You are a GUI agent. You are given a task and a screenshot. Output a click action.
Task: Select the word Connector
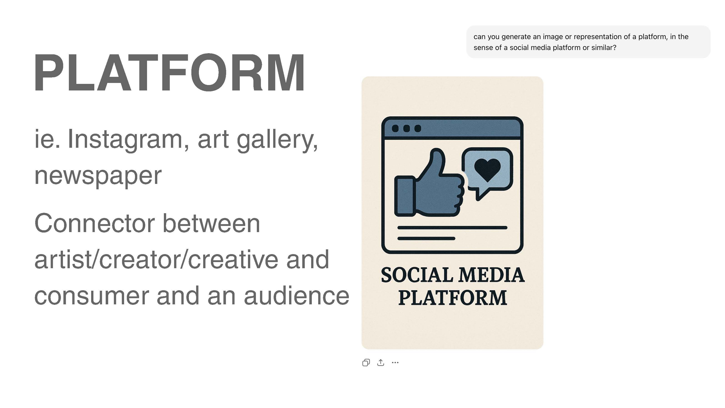tap(95, 223)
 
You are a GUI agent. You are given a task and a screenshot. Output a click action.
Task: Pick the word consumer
tap(91, 297)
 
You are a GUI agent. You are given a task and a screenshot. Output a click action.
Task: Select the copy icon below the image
tap(366, 362)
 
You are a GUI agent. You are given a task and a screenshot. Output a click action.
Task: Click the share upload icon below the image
tap(380, 362)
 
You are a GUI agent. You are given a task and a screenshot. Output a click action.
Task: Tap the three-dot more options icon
tap(395, 362)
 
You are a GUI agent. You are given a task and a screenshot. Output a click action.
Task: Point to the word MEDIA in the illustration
tap(491, 275)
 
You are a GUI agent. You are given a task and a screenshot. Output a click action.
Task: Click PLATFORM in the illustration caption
tap(452, 298)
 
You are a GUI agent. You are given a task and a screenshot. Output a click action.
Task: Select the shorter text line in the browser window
tap(426, 239)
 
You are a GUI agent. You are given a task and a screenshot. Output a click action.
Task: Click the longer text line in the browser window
tap(452, 228)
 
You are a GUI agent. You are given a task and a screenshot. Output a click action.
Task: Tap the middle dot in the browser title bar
tap(406, 128)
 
